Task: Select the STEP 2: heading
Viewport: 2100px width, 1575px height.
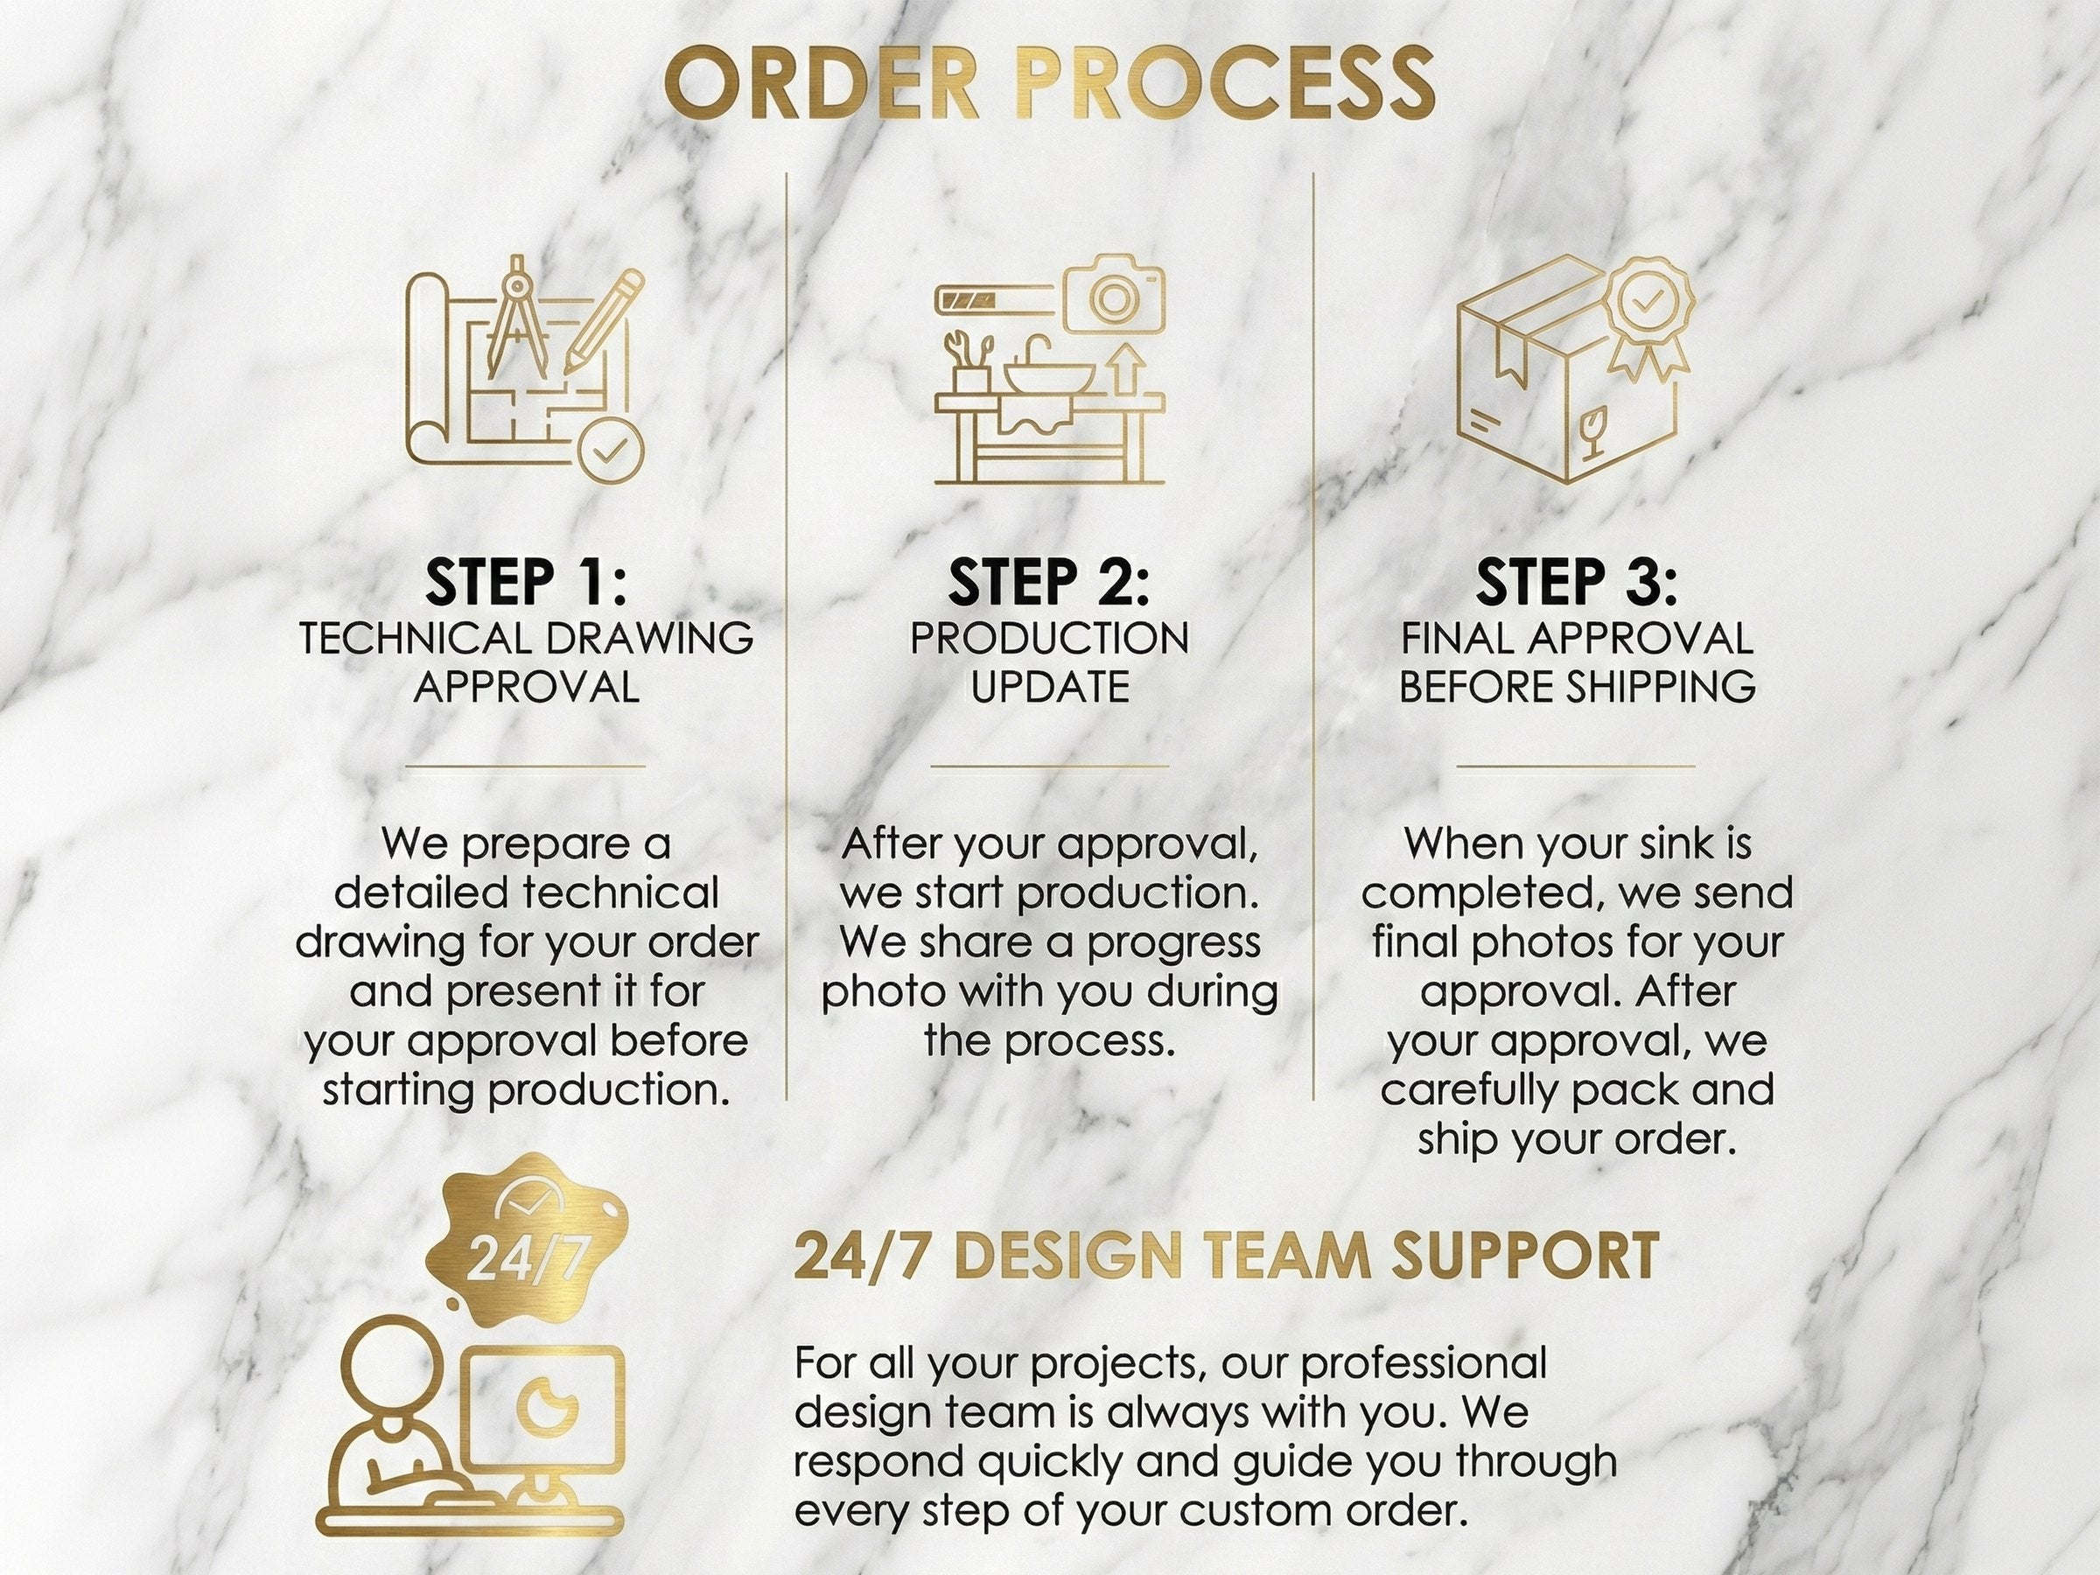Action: pos(1048,582)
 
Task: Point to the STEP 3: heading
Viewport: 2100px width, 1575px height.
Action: pos(1576,582)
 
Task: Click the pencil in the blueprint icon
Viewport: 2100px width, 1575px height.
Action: pos(602,321)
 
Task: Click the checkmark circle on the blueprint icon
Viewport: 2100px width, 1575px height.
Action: pos(611,446)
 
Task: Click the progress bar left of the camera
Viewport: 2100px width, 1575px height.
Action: pos(997,303)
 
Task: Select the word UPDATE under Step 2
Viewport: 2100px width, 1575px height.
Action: pos(1050,686)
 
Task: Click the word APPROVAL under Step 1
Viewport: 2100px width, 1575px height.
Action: pos(527,686)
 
